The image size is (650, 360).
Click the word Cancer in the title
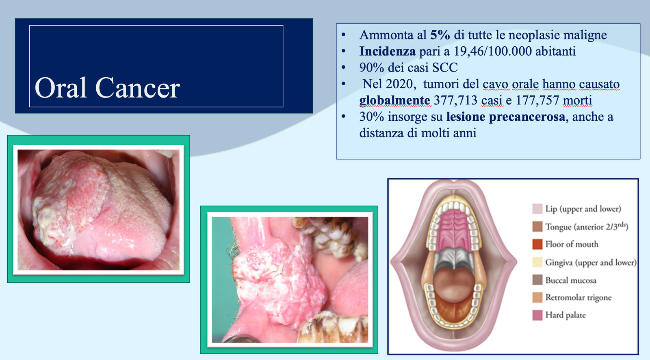(x=137, y=88)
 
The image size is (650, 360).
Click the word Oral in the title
(x=61, y=88)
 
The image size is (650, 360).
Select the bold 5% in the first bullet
(x=440, y=35)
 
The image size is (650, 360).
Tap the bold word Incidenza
(x=388, y=51)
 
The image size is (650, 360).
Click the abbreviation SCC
(x=445, y=67)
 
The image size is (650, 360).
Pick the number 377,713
(x=455, y=100)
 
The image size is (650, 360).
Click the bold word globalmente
(x=394, y=100)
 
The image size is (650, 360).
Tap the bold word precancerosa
(x=527, y=117)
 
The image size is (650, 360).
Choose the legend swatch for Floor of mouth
(x=537, y=244)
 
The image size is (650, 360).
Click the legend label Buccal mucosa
(x=571, y=280)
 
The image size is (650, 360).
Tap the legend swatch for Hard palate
(x=537, y=315)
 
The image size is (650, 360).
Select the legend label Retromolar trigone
(x=578, y=297)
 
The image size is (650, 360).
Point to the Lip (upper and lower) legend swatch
(x=537, y=209)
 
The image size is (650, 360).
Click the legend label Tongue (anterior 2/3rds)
(x=587, y=226)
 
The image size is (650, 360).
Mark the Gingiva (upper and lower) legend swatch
(x=537, y=262)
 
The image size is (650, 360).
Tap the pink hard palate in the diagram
(x=455, y=229)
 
